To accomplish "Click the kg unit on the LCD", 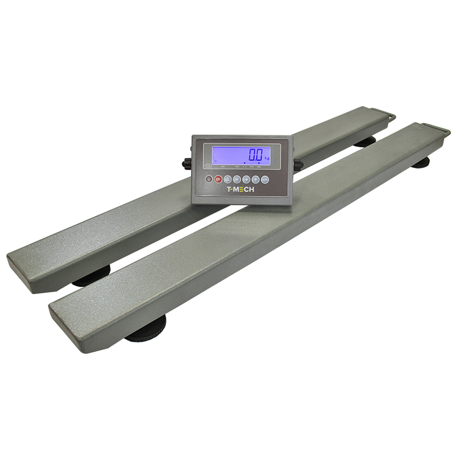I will (x=267, y=157).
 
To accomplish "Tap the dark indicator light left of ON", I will (x=209, y=179).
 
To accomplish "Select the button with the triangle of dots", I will (x=227, y=179).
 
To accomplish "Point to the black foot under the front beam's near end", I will (x=146, y=332).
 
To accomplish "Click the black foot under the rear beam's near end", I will (x=92, y=278).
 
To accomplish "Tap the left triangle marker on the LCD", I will (x=245, y=163).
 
